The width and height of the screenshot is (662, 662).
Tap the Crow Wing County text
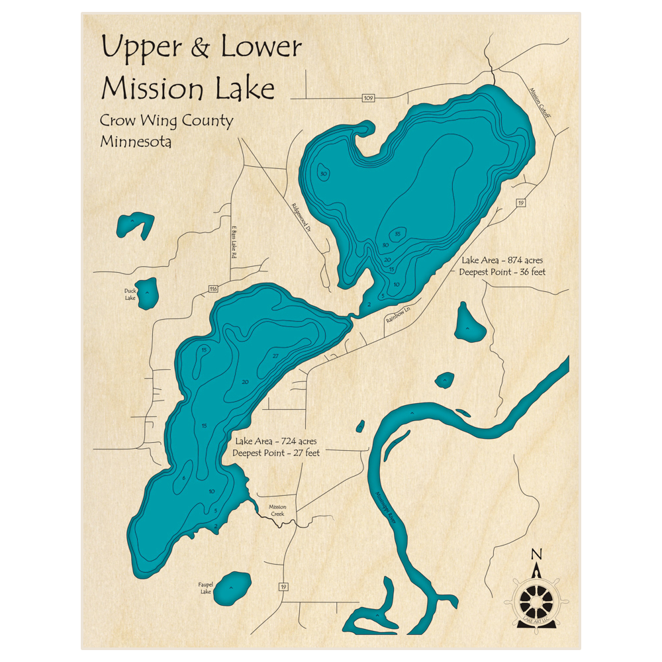coord(166,121)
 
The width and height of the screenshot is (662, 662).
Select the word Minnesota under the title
coord(136,142)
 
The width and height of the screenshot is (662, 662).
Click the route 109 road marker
coord(369,98)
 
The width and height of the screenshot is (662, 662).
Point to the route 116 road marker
coord(213,289)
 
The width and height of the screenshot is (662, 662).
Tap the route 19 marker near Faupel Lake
coord(283,587)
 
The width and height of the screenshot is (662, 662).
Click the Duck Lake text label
coord(130,294)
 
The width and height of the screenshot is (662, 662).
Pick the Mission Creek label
coord(277,511)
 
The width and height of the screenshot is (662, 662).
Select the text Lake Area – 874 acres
coord(502,260)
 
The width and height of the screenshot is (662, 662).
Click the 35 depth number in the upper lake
coord(397,234)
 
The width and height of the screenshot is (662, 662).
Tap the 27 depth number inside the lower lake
coord(275,356)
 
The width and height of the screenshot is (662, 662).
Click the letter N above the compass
coord(537,555)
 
